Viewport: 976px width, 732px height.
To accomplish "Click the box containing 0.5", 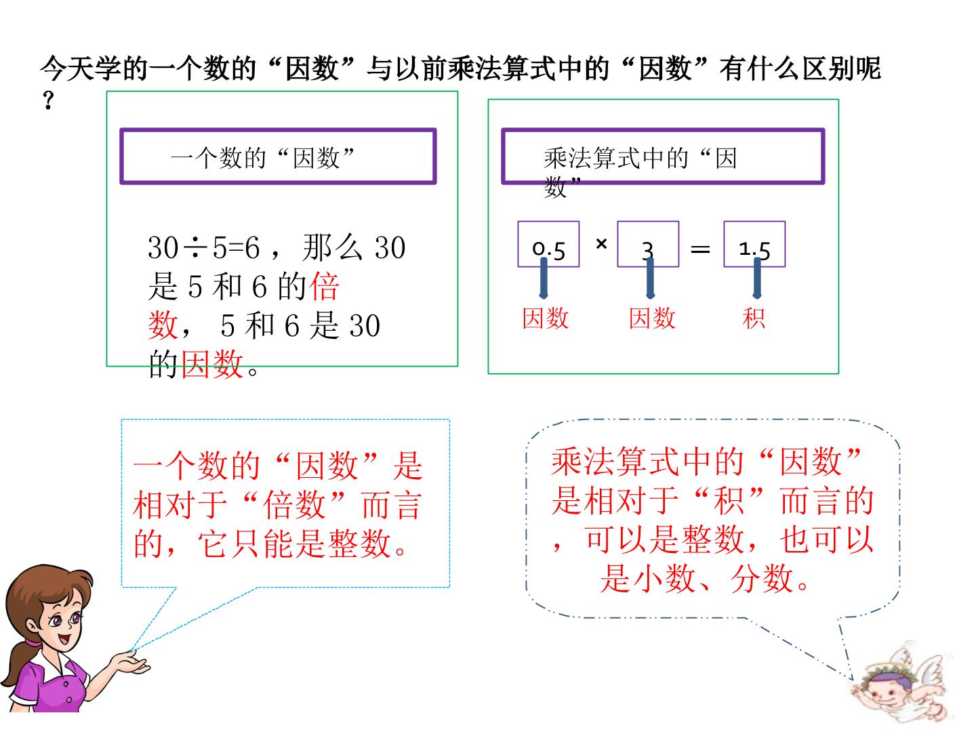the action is (548, 244).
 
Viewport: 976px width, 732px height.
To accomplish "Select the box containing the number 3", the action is (648, 244).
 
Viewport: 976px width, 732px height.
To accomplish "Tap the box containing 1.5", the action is (754, 244).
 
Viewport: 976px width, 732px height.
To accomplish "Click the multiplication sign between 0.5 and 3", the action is (601, 243).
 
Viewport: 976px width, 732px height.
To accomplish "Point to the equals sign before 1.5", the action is (700, 249).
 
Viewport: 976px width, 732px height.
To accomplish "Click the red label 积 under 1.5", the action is (754, 319).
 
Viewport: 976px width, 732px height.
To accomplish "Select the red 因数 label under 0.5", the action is (545, 319).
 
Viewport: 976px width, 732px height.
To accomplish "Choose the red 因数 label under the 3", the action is (652, 319).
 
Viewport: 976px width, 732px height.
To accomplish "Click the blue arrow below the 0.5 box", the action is (544, 278).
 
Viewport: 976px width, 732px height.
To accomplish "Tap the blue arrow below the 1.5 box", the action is (757, 278).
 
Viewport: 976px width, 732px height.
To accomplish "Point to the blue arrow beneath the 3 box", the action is (650, 278).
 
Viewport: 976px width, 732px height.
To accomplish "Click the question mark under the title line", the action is (49, 100).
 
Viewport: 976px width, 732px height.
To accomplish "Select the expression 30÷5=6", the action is (204, 247).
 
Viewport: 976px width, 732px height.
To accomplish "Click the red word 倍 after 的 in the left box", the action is (324, 287).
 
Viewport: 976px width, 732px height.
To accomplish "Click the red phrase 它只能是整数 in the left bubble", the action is (294, 544).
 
